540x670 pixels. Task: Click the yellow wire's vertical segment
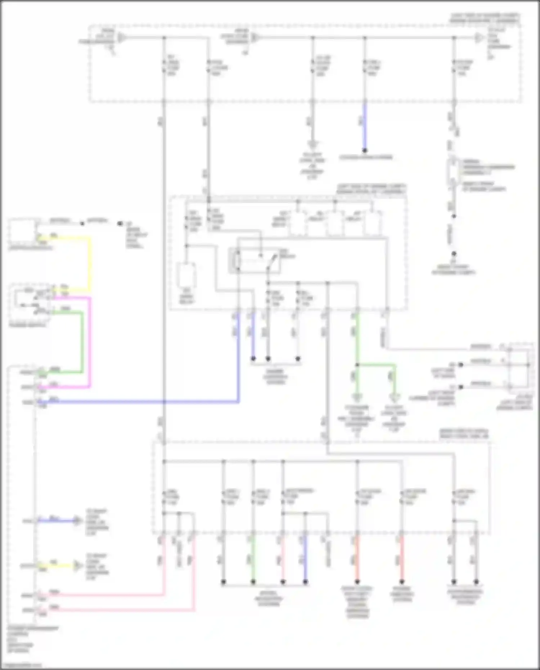(90, 263)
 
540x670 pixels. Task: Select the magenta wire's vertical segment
(90, 342)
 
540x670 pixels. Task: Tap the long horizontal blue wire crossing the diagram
(144, 401)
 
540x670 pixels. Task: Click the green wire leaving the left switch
(82, 342)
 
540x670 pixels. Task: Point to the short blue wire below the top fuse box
(365, 126)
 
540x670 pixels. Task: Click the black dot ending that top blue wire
(365, 150)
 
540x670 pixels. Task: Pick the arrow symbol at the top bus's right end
(479, 37)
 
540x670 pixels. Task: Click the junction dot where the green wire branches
(357, 365)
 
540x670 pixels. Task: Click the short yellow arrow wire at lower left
(58, 566)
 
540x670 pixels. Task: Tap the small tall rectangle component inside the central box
(186, 275)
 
